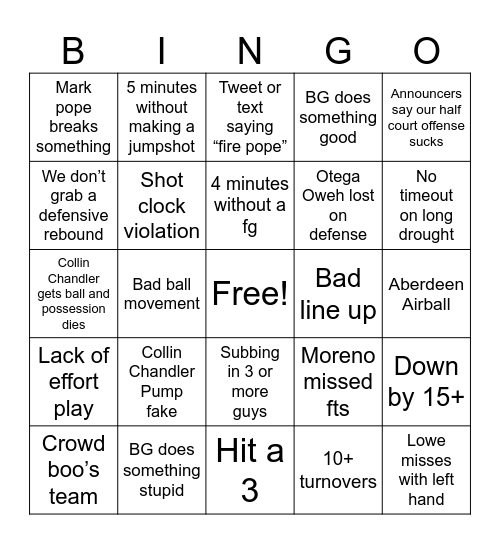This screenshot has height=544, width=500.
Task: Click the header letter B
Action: click(73, 50)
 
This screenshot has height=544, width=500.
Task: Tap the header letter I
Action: click(162, 50)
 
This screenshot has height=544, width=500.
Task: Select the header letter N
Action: click(250, 50)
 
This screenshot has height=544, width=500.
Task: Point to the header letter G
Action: click(338, 50)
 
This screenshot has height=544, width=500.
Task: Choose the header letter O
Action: click(426, 50)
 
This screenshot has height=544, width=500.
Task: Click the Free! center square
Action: click(250, 293)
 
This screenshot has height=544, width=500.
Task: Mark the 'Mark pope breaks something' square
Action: click(73, 117)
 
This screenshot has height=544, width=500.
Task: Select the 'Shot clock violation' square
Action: click(162, 205)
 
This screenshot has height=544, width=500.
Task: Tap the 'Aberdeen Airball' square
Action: click(426, 293)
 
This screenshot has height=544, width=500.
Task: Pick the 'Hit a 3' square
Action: click(250, 470)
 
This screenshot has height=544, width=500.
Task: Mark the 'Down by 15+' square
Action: click(426, 381)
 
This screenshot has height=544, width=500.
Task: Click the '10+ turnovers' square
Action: click(338, 470)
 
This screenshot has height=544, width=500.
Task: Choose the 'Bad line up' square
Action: click(338, 293)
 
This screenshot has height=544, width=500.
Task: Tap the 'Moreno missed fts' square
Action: click(338, 381)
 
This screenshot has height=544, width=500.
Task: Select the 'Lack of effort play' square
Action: click(73, 381)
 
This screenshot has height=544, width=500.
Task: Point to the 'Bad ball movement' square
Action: click(162, 293)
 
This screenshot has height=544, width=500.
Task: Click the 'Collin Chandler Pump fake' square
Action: click(162, 381)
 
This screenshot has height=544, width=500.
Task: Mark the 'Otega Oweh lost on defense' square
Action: click(338, 205)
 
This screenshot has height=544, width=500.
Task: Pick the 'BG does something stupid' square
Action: click(162, 470)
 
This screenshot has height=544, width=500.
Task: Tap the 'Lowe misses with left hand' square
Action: click(426, 470)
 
